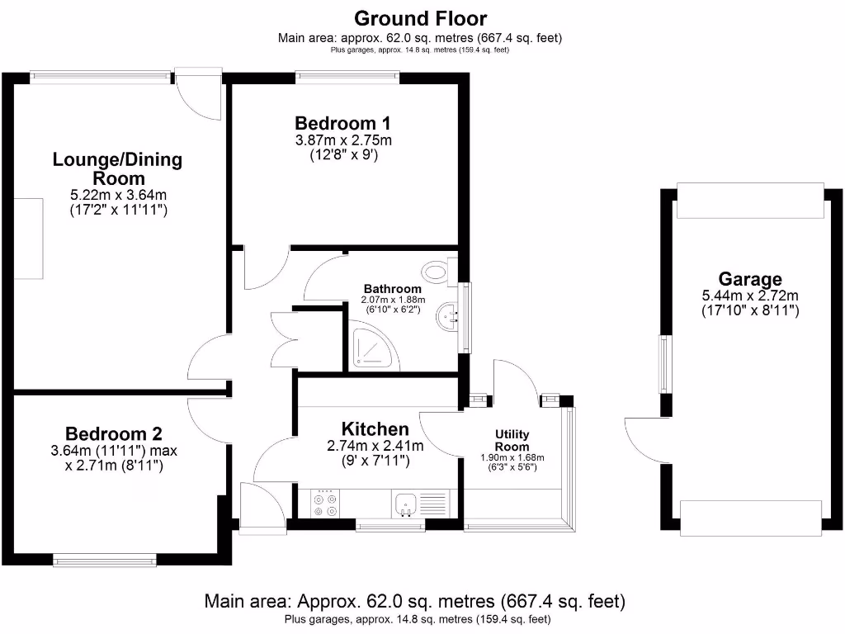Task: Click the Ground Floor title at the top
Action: point(421,18)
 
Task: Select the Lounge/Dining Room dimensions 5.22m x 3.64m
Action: point(118,195)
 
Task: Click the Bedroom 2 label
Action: point(114,433)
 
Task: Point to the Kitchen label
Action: point(375,428)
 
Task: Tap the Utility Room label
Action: point(512,440)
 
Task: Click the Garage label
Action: point(749,279)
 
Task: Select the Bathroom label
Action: point(393,288)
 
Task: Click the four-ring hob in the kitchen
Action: point(324,504)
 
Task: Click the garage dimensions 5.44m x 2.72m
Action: point(749,296)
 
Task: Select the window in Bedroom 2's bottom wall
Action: point(105,561)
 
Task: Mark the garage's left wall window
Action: point(664,364)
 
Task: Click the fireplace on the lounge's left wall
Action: point(31,239)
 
